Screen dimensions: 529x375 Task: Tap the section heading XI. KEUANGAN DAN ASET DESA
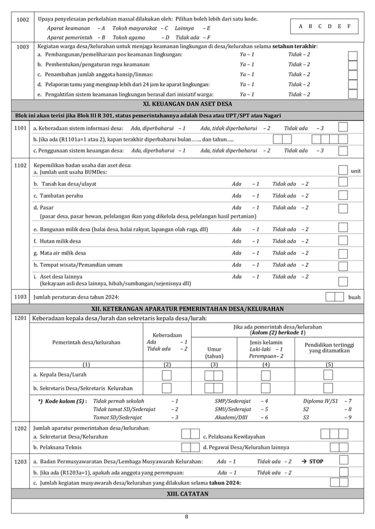(187, 104)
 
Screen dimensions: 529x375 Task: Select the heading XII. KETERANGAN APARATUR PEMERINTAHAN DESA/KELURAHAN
(187, 308)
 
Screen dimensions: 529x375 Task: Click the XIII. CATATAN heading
(187, 494)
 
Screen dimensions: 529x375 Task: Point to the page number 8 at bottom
(187, 517)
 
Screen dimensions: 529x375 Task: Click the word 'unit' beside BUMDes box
(356, 171)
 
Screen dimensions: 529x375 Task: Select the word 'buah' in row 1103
(354, 297)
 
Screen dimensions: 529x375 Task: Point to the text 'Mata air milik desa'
(59, 253)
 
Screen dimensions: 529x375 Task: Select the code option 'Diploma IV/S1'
(324, 401)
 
